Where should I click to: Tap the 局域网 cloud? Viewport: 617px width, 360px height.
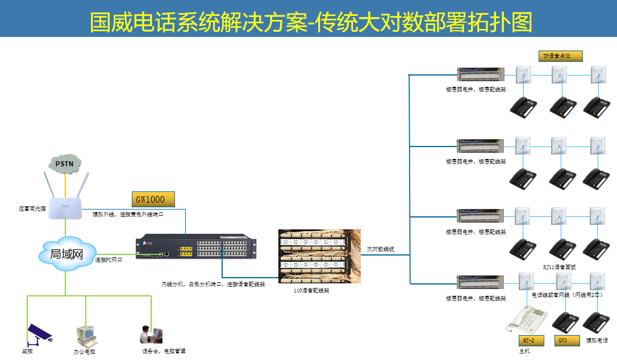(66, 254)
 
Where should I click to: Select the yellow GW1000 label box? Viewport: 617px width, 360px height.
(153, 199)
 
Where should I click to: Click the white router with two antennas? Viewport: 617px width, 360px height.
(66, 203)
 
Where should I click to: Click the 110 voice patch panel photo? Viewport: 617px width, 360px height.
(318, 257)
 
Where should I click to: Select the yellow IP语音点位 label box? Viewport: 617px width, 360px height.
(560, 56)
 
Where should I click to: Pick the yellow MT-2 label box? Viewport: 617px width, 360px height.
(531, 341)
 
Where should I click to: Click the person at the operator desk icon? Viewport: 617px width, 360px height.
(151, 334)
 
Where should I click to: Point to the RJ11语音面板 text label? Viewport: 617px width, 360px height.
(559, 267)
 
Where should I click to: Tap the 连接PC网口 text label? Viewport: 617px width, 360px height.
(109, 259)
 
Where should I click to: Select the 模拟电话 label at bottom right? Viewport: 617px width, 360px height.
(597, 341)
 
